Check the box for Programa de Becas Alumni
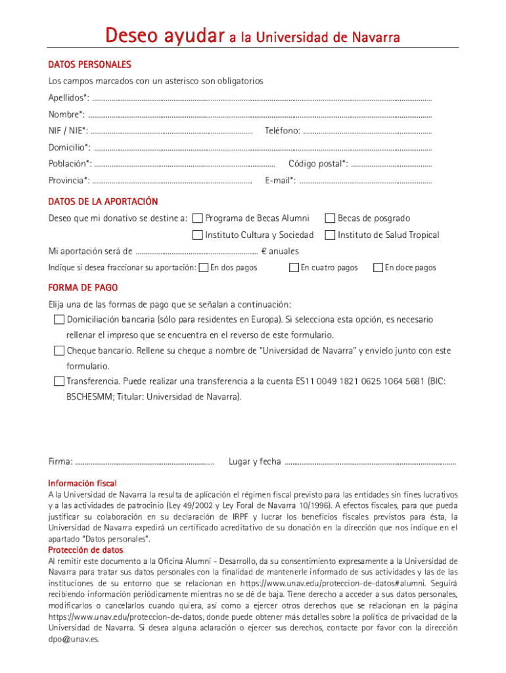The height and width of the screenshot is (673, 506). click(x=197, y=218)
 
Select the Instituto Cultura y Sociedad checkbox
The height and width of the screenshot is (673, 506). click(x=197, y=235)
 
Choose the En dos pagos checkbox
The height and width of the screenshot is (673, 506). click(x=204, y=267)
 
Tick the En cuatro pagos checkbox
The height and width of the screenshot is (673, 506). click(x=294, y=267)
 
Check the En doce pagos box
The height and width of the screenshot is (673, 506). click(x=379, y=267)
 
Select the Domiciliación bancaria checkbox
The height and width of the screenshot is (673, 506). click(x=59, y=319)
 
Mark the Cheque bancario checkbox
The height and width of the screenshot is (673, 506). click(x=59, y=351)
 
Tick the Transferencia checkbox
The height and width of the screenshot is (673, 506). click(x=59, y=381)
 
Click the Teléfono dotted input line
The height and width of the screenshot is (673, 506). click(x=368, y=132)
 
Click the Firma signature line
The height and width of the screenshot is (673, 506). click(x=145, y=463)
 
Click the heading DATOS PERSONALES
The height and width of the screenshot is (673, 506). click(x=89, y=64)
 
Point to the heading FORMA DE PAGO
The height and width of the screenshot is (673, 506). click(x=83, y=288)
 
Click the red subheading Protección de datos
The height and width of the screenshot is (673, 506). click(x=85, y=550)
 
